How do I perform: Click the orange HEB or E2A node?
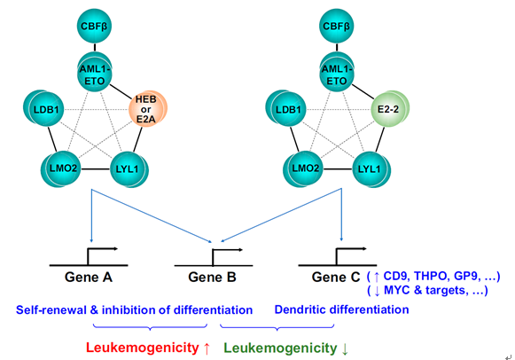pyautogui.click(x=147, y=109)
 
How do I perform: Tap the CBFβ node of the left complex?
pyautogui.click(x=94, y=26)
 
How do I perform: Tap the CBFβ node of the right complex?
pyautogui.click(x=336, y=26)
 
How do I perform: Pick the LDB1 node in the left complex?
pyautogui.click(x=43, y=109)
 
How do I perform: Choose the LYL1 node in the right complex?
pyautogui.click(x=371, y=169)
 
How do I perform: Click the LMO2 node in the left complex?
pyautogui.click(x=61, y=169)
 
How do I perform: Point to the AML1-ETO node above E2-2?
pyautogui.click(x=337, y=74)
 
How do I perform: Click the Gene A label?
pyautogui.click(x=89, y=278)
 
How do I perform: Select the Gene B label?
pyautogui.click(x=212, y=278)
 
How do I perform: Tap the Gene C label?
pyautogui.click(x=336, y=278)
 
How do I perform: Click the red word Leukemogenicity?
pyautogui.click(x=142, y=348)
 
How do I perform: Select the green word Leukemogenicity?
pyautogui.click(x=280, y=348)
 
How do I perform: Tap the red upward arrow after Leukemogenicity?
pyautogui.click(x=207, y=348)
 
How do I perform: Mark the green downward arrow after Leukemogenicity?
pyautogui.click(x=345, y=348)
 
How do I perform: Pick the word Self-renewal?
pyautogui.click(x=51, y=309)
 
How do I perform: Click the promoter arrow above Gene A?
pyautogui.click(x=98, y=255)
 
